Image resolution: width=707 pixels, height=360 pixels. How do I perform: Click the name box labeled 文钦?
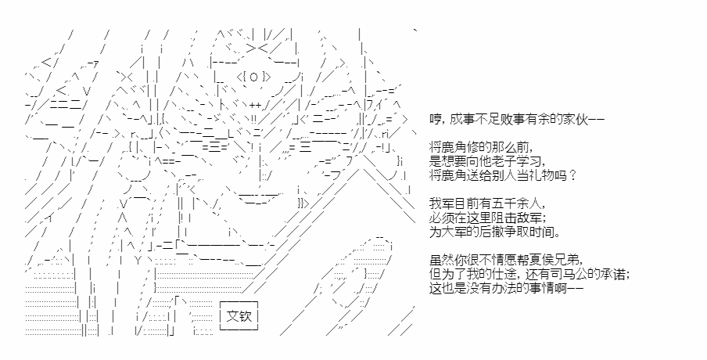point(239,316)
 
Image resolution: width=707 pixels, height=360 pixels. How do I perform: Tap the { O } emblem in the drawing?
point(253,77)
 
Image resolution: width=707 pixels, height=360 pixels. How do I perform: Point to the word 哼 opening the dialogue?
point(435,119)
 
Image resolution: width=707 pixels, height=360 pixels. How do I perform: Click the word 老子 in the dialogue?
point(511,161)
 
